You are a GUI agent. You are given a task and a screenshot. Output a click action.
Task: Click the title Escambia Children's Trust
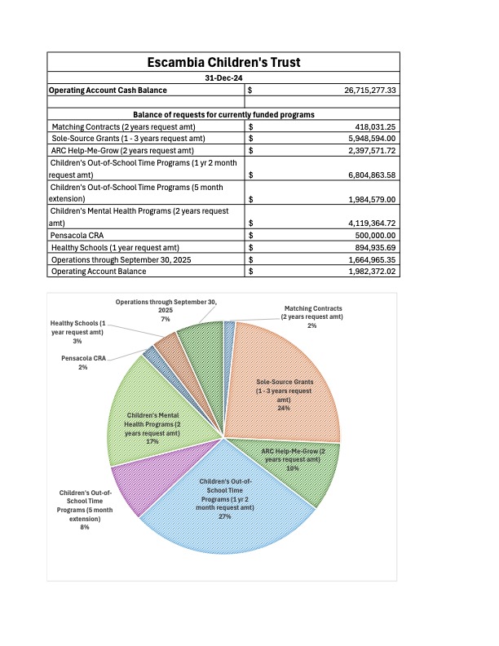coord(223,62)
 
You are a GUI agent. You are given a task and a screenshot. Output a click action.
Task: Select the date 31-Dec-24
coord(223,77)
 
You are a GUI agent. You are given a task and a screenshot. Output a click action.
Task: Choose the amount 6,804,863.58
coord(364,175)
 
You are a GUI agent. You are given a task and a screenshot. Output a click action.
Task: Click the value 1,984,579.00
coord(364,198)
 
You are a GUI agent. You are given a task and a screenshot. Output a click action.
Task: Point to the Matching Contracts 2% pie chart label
coord(311,316)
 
